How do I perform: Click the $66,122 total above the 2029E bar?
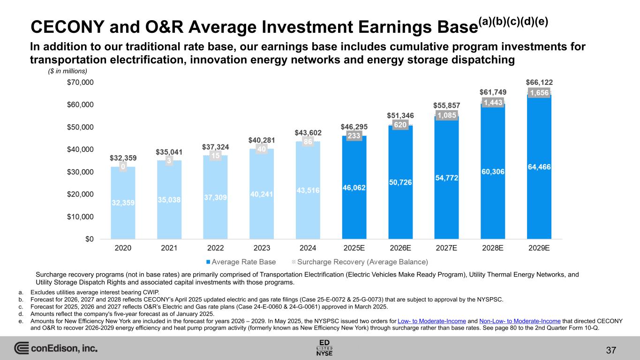539,82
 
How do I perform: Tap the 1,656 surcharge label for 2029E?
539,93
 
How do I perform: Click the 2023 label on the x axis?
262,248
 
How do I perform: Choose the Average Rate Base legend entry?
241,262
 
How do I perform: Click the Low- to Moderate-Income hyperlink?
431,321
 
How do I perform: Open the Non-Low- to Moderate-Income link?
520,321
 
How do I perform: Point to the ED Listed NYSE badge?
324,347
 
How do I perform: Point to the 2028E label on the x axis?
493,248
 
